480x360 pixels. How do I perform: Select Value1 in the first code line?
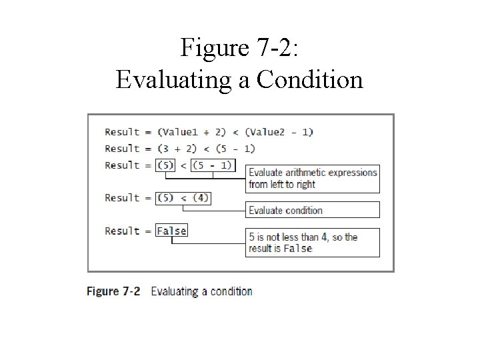coord(175,132)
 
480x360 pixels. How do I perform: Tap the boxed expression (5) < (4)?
coord(183,198)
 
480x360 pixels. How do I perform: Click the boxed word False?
coord(171,231)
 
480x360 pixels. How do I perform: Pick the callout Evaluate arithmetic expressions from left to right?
coord(313,178)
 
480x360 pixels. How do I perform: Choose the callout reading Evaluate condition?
coord(313,210)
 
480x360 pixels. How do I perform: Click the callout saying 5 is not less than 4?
coord(313,243)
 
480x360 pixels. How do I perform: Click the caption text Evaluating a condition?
coord(202,291)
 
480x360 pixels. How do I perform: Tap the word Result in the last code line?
coord(122,231)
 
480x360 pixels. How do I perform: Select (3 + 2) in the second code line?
coord(176,149)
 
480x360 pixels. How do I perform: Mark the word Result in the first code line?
coord(122,132)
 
